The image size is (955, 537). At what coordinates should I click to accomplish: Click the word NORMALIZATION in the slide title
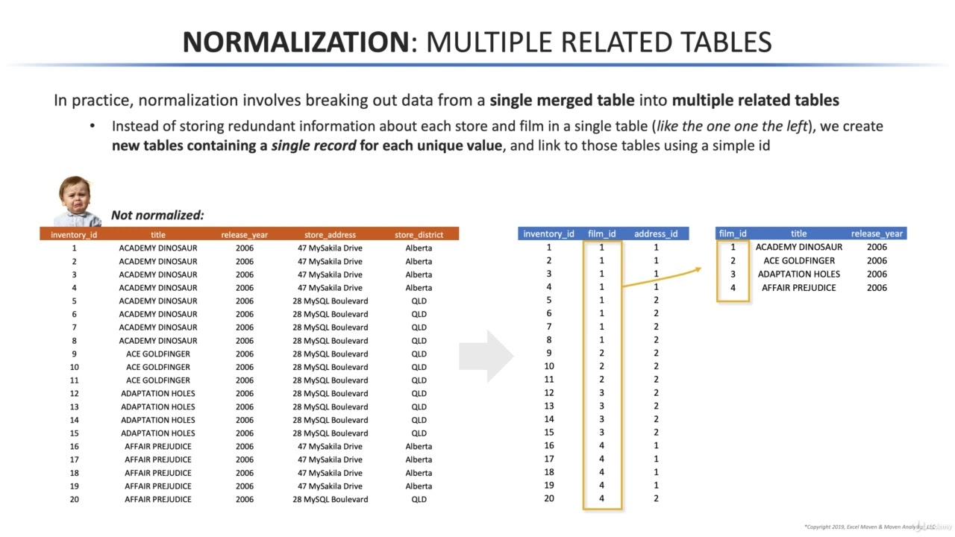[295, 42]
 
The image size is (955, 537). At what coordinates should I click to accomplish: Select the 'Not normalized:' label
[157, 216]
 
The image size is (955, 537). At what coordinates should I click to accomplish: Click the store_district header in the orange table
[419, 234]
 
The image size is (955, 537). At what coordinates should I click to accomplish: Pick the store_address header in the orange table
[330, 234]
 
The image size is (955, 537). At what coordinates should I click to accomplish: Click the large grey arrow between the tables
[486, 356]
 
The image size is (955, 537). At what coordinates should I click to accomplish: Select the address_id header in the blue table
[656, 233]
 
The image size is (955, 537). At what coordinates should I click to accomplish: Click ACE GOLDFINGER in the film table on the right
[799, 260]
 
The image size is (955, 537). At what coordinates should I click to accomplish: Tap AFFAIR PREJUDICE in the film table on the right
[798, 287]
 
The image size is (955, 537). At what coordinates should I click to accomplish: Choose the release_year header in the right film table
[877, 233]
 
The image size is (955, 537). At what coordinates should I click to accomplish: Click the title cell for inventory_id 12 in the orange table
[158, 393]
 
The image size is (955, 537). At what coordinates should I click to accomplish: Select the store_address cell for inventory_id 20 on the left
[330, 499]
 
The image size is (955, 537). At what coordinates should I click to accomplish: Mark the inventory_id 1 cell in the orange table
[74, 248]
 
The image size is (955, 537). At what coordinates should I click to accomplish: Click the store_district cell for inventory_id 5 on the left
[419, 301]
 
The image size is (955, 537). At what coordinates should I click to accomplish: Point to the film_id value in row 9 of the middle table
[602, 353]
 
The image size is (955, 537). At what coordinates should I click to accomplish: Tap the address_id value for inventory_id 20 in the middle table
[656, 498]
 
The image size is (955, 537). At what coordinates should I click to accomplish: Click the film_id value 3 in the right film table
[733, 274]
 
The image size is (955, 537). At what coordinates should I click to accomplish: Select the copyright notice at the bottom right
[869, 527]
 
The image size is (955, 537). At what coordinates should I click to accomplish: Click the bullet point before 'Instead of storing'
[93, 126]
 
